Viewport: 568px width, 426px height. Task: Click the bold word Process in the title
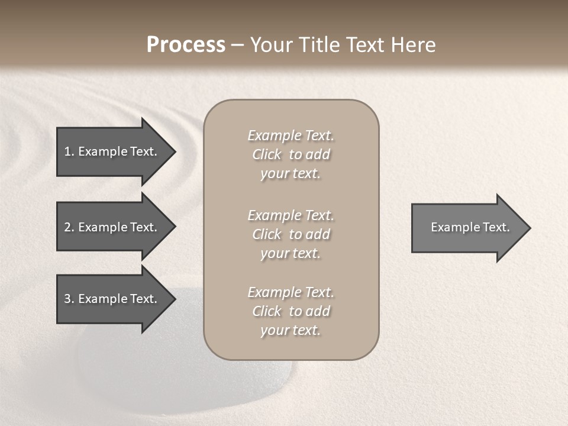point(186,45)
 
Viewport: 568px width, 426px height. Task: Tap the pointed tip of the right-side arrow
point(529,228)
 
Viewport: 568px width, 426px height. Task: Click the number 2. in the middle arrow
point(69,227)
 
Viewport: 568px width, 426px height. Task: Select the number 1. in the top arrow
point(69,151)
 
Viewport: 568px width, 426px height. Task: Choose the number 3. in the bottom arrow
point(69,299)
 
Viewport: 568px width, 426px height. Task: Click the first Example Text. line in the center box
point(291,135)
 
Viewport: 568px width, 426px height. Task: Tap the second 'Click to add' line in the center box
point(291,234)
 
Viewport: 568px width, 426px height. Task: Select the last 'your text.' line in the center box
point(291,330)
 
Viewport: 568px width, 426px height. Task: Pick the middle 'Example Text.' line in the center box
point(291,215)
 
